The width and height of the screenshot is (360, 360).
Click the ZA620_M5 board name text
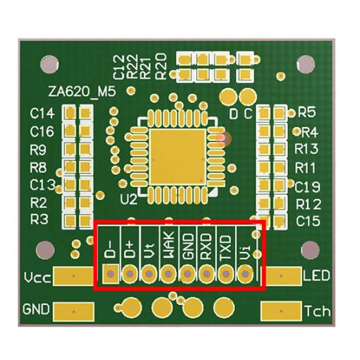tap(82, 92)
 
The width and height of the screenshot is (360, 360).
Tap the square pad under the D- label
tap(110, 273)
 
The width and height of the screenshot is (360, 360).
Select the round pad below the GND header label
tap(187, 274)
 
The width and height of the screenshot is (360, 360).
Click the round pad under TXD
tap(226, 274)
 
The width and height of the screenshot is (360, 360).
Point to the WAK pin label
tap(169, 245)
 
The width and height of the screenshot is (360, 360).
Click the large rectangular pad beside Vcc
tap(73, 276)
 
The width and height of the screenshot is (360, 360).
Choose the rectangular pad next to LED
tap(282, 276)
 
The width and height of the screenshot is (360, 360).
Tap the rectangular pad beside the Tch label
tap(282, 311)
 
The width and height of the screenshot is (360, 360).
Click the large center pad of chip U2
tap(177, 157)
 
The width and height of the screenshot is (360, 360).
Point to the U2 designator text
tap(128, 200)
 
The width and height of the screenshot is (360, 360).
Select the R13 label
tap(306, 149)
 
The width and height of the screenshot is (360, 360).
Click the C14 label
tap(42, 114)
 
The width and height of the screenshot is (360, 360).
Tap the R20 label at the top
tap(162, 66)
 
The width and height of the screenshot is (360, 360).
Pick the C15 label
tap(308, 221)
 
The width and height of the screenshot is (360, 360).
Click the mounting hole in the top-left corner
tap(49, 64)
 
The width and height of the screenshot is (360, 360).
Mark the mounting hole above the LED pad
tap(311, 250)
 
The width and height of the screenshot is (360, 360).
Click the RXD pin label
tap(206, 246)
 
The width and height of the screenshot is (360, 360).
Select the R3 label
tap(40, 220)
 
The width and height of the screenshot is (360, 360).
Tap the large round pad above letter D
tap(228, 97)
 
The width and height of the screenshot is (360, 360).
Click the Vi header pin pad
tap(245, 274)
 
